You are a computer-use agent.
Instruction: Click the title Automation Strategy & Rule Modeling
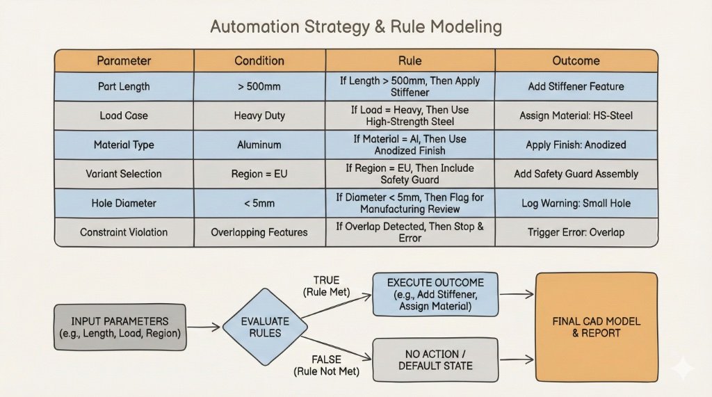click(355, 28)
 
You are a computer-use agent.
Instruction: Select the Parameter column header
click(124, 60)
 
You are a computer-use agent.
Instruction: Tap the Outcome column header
click(576, 60)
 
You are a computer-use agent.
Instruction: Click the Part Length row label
click(124, 87)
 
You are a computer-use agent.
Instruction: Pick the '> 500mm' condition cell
click(259, 87)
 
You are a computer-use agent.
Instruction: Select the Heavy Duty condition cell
click(259, 116)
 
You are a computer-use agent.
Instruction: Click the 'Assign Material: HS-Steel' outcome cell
click(576, 116)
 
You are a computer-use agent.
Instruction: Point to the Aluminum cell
click(259, 145)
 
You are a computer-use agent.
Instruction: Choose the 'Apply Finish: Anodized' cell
click(576, 145)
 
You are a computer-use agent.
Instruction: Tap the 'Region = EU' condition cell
click(259, 174)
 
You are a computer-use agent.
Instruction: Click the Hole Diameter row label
click(124, 203)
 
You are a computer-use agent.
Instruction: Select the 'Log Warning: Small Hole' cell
click(576, 203)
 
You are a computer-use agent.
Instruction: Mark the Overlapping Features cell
click(259, 232)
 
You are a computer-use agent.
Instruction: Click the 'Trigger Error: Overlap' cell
click(576, 232)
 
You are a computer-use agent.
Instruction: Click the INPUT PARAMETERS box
click(119, 327)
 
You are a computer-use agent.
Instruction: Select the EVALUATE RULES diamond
click(265, 327)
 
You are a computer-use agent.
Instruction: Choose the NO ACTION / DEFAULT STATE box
click(435, 359)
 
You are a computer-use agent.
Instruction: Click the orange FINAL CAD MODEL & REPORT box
click(596, 327)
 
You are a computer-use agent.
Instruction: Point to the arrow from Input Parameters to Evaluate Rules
click(203, 326)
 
